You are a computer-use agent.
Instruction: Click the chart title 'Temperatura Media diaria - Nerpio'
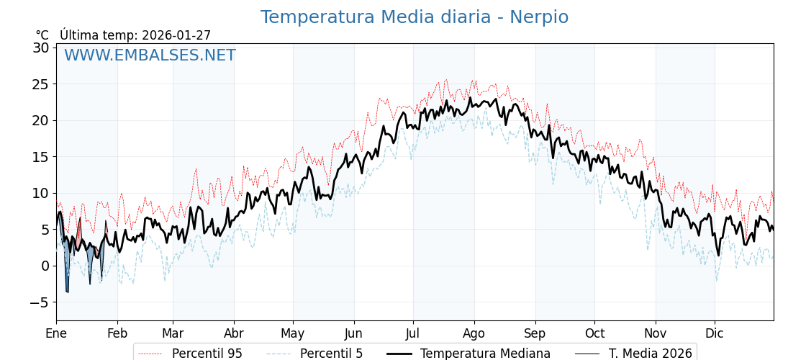[x=414, y=17]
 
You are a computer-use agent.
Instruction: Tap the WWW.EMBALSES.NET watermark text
[x=150, y=55]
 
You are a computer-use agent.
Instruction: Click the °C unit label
[x=42, y=35]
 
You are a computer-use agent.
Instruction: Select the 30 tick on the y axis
[x=40, y=48]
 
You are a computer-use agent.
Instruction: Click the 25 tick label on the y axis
[x=40, y=84]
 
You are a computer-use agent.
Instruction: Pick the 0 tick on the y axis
[x=45, y=266]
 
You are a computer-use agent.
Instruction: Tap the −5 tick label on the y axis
[x=39, y=302]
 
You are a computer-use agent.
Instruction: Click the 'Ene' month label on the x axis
[x=56, y=333]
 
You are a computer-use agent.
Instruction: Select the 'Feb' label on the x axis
[x=117, y=333]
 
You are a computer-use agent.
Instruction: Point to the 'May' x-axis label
[x=293, y=333]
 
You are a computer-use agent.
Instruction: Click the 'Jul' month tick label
[x=413, y=333]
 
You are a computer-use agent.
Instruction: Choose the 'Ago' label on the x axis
[x=474, y=333]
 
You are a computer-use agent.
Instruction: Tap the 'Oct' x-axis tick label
[x=594, y=333]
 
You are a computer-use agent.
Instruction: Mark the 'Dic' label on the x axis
[x=715, y=333]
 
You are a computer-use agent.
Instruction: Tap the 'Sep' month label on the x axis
[x=535, y=333]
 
